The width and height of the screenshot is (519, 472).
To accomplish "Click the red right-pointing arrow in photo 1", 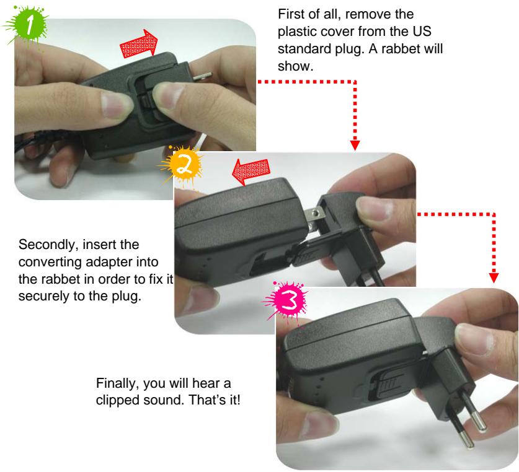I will (x=138, y=46).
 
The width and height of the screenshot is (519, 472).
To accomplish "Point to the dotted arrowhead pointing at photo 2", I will (x=355, y=145).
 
